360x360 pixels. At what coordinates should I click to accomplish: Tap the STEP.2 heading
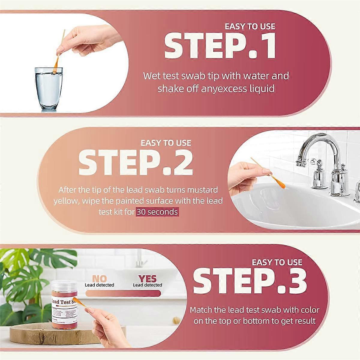point(135,163)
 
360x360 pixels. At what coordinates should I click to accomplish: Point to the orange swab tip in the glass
point(55,67)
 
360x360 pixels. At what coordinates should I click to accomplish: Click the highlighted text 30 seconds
point(157,212)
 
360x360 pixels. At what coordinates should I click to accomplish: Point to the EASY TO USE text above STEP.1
point(250,26)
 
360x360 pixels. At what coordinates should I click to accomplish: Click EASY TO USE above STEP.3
point(277,262)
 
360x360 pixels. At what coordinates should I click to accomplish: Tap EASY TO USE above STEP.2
point(166,143)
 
